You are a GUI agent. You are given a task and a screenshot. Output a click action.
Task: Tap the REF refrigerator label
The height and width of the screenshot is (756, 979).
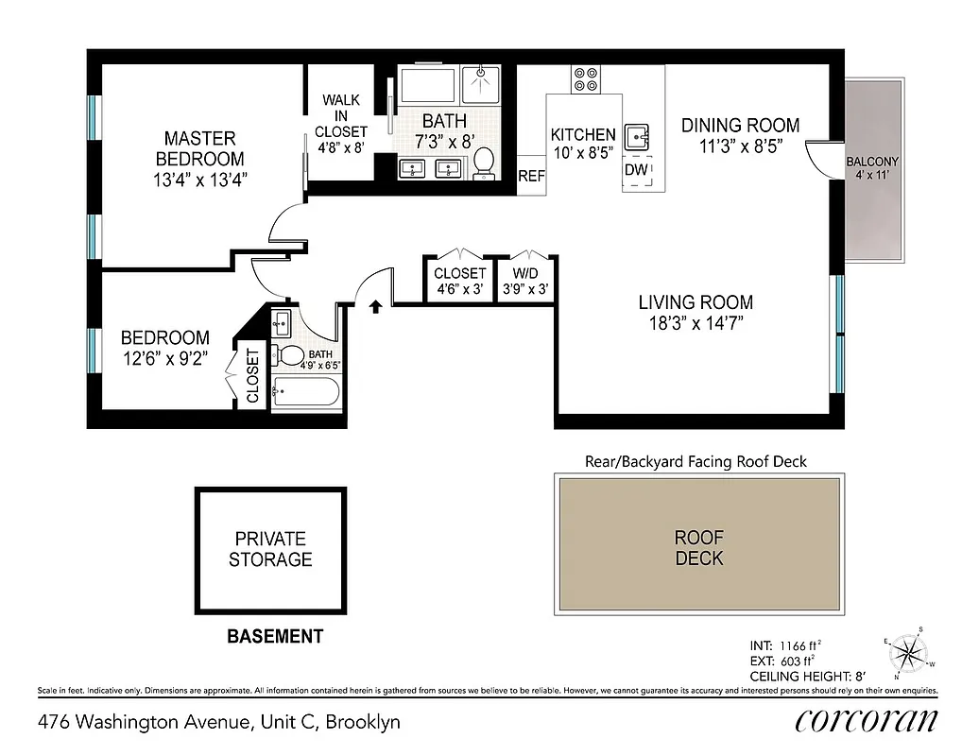coord(532,176)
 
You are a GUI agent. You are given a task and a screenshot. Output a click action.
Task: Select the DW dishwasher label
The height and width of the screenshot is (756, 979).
coord(636,169)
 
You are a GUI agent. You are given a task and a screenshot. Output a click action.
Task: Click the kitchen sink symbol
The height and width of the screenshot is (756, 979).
coord(640,137)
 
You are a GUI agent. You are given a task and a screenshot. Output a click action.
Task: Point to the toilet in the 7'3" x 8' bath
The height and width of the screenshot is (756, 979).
coord(484,162)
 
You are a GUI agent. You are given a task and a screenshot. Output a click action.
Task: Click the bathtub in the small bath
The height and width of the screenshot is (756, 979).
coord(305,392)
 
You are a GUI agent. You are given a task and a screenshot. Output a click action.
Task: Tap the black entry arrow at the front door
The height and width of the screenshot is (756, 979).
coord(375,306)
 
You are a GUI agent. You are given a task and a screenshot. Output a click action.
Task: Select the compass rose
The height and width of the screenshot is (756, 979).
coord(910,651)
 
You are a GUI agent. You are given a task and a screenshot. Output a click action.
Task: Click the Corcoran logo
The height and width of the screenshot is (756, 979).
coord(867,720)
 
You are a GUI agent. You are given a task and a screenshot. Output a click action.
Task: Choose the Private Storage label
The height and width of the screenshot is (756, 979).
coord(270,549)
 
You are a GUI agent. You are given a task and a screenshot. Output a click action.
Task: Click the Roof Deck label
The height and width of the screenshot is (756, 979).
coord(698,547)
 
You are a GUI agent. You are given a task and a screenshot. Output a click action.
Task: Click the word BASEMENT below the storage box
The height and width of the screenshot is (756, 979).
coord(275,637)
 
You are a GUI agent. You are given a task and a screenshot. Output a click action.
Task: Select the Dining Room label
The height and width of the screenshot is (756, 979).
coord(740,125)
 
